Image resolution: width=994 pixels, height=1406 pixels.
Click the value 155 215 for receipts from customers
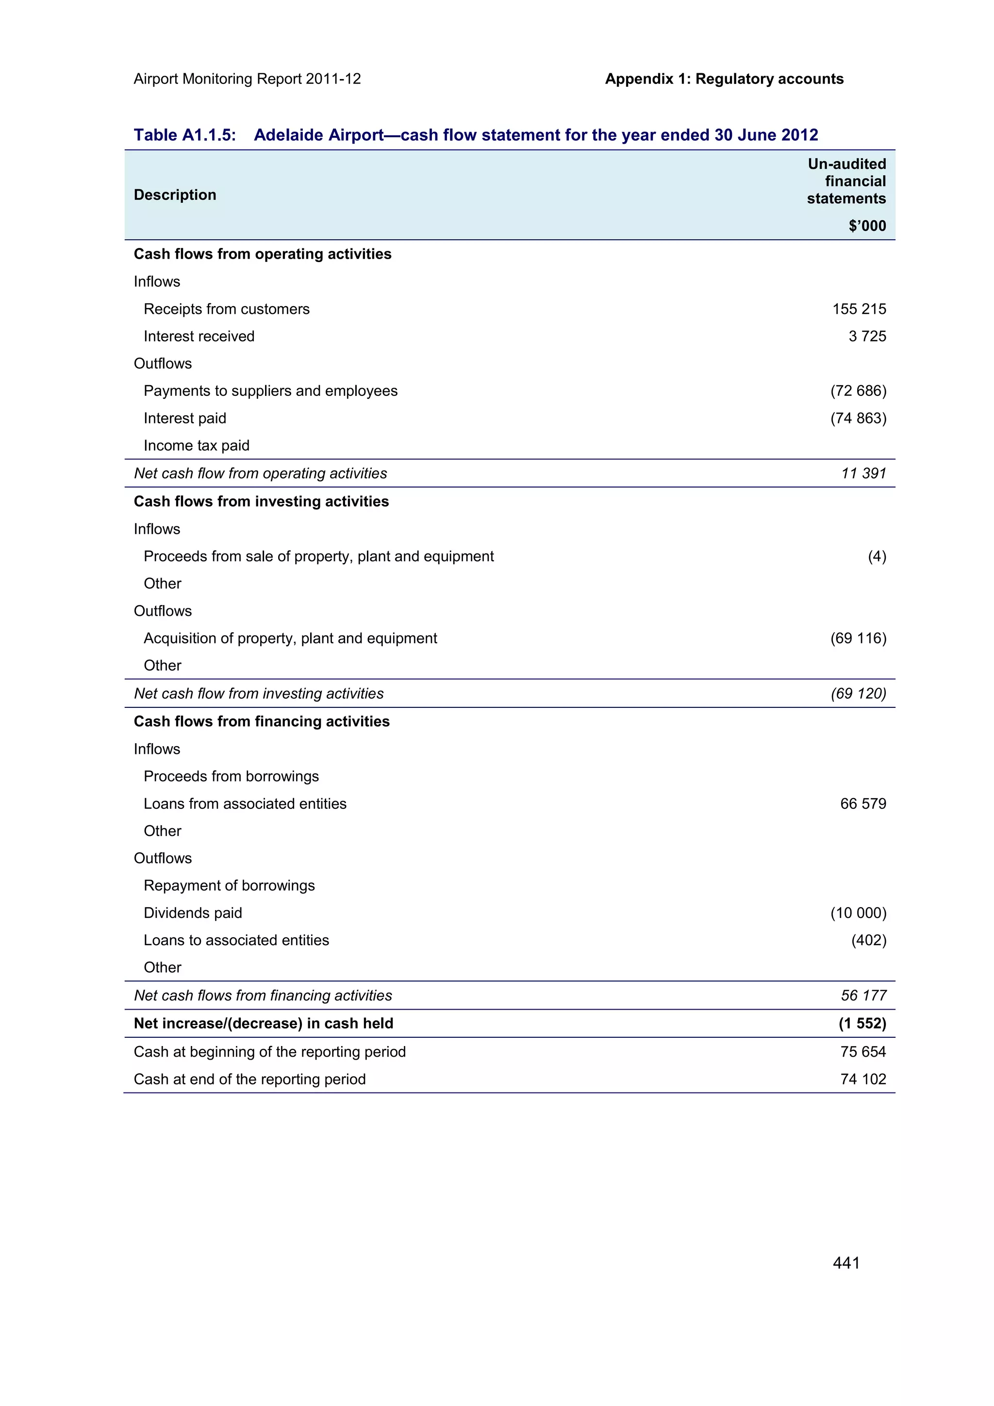pos(859,309)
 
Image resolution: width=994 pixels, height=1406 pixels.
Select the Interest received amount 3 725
pos(867,336)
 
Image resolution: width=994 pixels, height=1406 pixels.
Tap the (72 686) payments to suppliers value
pos(858,391)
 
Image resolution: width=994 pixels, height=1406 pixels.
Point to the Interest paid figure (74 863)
pos(858,418)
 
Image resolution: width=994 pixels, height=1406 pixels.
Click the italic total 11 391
pos(863,474)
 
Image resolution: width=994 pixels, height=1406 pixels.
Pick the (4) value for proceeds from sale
pos(877,556)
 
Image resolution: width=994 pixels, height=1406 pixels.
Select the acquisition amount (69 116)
pos(858,638)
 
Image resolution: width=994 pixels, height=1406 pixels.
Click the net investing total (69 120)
pos(858,693)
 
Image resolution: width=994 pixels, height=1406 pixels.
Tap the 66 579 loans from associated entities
pos(862,803)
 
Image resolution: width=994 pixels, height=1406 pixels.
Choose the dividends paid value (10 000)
pos(858,913)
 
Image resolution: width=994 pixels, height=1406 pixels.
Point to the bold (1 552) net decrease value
pos(861,1023)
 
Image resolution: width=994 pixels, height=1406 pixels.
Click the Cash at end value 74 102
pos(862,1079)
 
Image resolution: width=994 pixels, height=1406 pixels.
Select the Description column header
pos(175,195)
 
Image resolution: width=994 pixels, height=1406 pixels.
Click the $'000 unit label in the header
pos(867,226)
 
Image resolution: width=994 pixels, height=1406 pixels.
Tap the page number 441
pos(846,1263)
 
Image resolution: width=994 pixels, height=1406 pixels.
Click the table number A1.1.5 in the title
pos(208,135)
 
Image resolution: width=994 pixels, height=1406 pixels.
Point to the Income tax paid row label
pos(196,446)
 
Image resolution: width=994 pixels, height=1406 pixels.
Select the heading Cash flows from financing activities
pos(262,721)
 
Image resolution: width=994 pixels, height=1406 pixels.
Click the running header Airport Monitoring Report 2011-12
pos(247,79)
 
